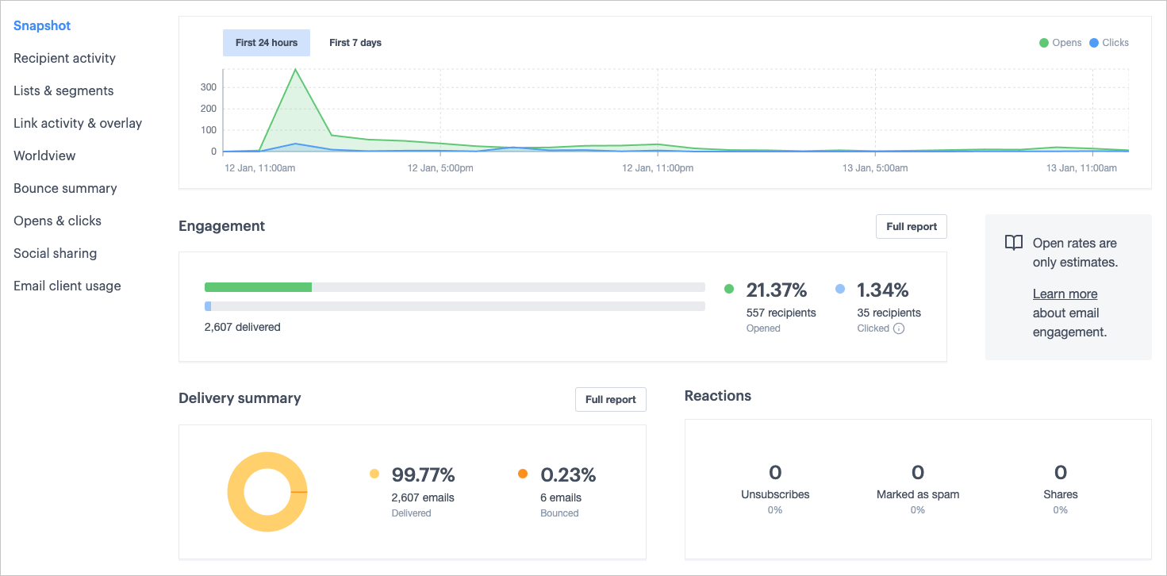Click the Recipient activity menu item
click(x=64, y=58)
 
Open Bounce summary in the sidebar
click(x=65, y=188)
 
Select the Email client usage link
click(x=67, y=286)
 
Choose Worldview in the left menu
click(x=44, y=156)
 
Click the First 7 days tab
click(x=355, y=43)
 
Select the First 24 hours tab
click(x=267, y=43)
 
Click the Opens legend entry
click(x=1061, y=43)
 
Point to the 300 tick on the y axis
click(x=209, y=87)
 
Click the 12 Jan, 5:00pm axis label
click(x=440, y=168)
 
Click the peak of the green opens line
click(x=296, y=69)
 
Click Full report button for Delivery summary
click(x=610, y=400)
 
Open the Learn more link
click(x=1065, y=294)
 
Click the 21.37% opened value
click(x=776, y=290)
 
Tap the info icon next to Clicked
click(x=899, y=328)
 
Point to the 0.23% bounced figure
click(x=568, y=475)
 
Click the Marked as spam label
click(x=918, y=494)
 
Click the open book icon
click(x=1013, y=243)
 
